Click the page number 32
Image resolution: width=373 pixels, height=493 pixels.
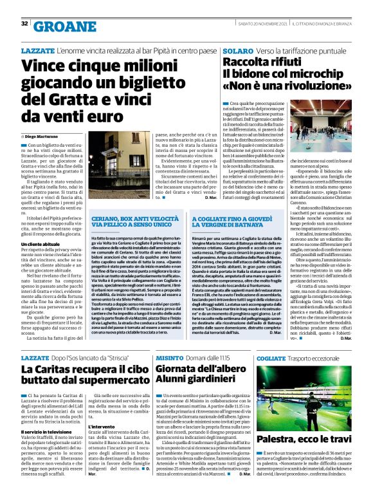coord(24,24)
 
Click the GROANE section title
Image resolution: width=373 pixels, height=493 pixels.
coord(59,26)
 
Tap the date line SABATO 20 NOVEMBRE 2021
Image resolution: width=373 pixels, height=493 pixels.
coord(255,24)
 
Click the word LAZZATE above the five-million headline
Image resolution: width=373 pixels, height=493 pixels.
coord(37,50)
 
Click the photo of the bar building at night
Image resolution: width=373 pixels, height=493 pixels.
coord(119,165)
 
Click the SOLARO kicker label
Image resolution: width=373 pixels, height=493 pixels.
coord(237,50)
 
